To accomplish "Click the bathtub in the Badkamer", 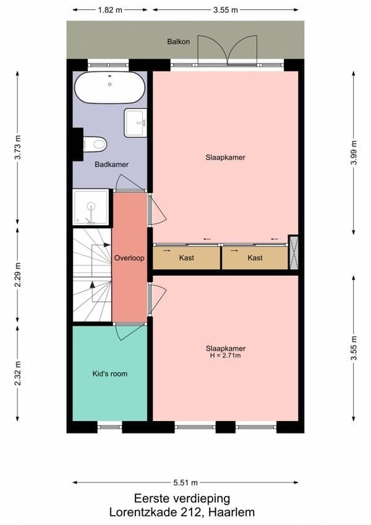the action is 109,87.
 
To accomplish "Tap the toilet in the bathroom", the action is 95,144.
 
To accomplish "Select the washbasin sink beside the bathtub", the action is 135,122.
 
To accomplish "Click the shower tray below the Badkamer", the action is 91,207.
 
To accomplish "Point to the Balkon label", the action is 179,42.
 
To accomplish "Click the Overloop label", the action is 129,258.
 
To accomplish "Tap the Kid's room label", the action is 110,373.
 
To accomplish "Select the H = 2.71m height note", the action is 225,356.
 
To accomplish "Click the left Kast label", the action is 187,258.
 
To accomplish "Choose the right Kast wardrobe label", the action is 255,258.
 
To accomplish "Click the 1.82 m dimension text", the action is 110,10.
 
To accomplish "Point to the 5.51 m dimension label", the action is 185,483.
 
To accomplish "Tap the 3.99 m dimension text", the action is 354,153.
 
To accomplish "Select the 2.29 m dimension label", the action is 17,275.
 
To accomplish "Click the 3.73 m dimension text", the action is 17,147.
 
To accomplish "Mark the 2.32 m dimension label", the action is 17,373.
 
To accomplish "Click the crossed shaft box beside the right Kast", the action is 293,253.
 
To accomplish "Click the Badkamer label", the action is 111,164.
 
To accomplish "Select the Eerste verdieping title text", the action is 182,498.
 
